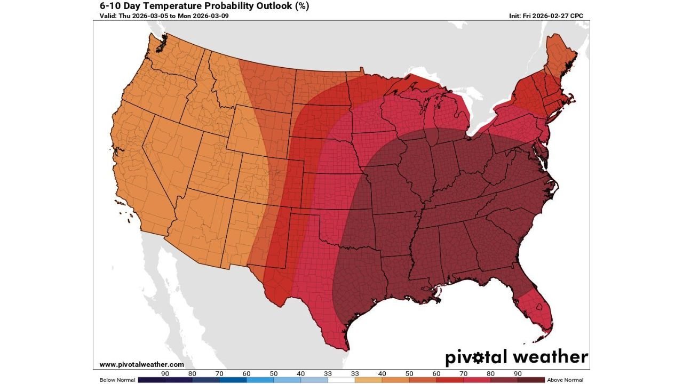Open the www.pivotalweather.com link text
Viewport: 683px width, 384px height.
(141, 364)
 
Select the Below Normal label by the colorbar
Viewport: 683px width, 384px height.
(117, 380)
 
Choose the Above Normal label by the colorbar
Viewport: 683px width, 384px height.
(565, 380)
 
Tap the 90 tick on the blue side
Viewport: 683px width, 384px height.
(165, 374)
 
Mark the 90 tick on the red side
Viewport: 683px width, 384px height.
(518, 374)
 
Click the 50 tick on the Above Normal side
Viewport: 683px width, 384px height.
(409, 374)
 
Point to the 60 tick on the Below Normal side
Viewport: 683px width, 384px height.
(247, 374)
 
